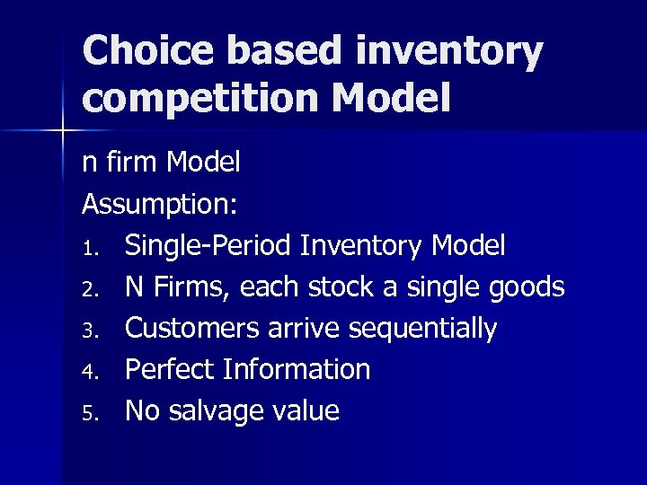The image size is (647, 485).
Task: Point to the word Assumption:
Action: [x=160, y=204]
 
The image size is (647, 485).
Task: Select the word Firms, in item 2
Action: [x=183, y=287]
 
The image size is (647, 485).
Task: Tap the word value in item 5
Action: [x=308, y=410]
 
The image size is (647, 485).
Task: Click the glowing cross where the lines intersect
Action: [x=63, y=131]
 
